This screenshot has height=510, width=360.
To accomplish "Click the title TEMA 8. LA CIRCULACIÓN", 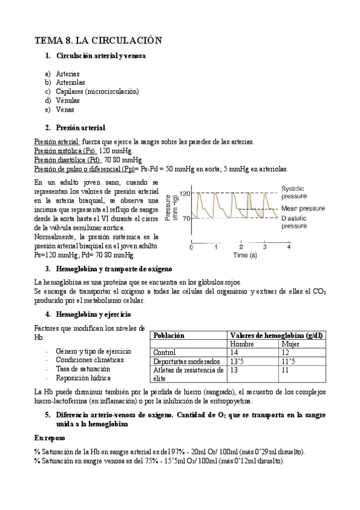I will [99, 40].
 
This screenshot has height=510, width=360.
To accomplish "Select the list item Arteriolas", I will [70, 82].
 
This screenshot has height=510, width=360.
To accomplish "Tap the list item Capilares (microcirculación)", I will [97, 91].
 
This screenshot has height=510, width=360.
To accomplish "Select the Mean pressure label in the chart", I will [304, 208].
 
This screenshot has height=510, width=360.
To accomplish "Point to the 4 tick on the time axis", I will [288, 247].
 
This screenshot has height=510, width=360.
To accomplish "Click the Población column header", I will [169, 335].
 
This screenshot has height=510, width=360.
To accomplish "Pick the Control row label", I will [165, 353].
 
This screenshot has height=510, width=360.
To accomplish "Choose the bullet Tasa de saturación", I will [83, 369].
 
